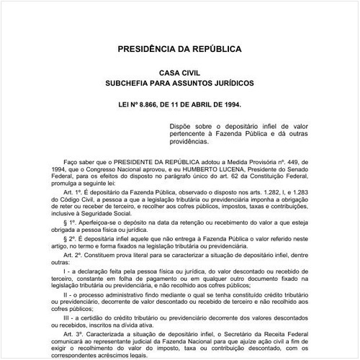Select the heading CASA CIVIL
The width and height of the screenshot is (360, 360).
click(x=179, y=73)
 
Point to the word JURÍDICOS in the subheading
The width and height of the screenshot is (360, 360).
click(x=230, y=84)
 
